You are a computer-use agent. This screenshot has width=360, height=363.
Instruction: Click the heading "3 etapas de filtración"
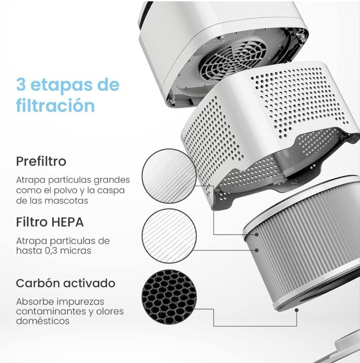tap(67, 95)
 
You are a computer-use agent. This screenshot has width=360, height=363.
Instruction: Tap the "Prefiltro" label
tap(41, 161)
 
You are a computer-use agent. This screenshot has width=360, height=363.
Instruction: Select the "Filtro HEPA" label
tap(50, 222)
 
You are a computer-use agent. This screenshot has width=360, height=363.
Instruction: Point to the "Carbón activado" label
tap(65, 284)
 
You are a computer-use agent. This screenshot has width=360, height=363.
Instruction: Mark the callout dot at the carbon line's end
tap(296, 310)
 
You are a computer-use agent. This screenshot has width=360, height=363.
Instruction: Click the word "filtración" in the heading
tap(55, 106)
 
